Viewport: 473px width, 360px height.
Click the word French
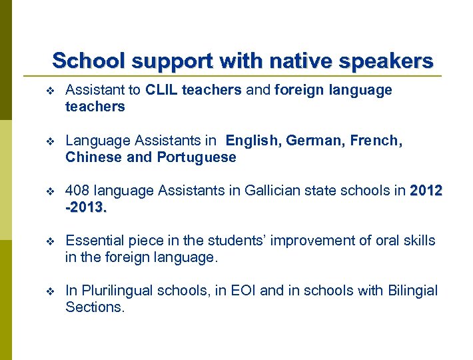376,141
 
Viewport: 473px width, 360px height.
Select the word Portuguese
197,157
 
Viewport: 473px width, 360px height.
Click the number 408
78,191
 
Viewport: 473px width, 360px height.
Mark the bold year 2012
426,191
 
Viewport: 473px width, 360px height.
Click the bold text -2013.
86,207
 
